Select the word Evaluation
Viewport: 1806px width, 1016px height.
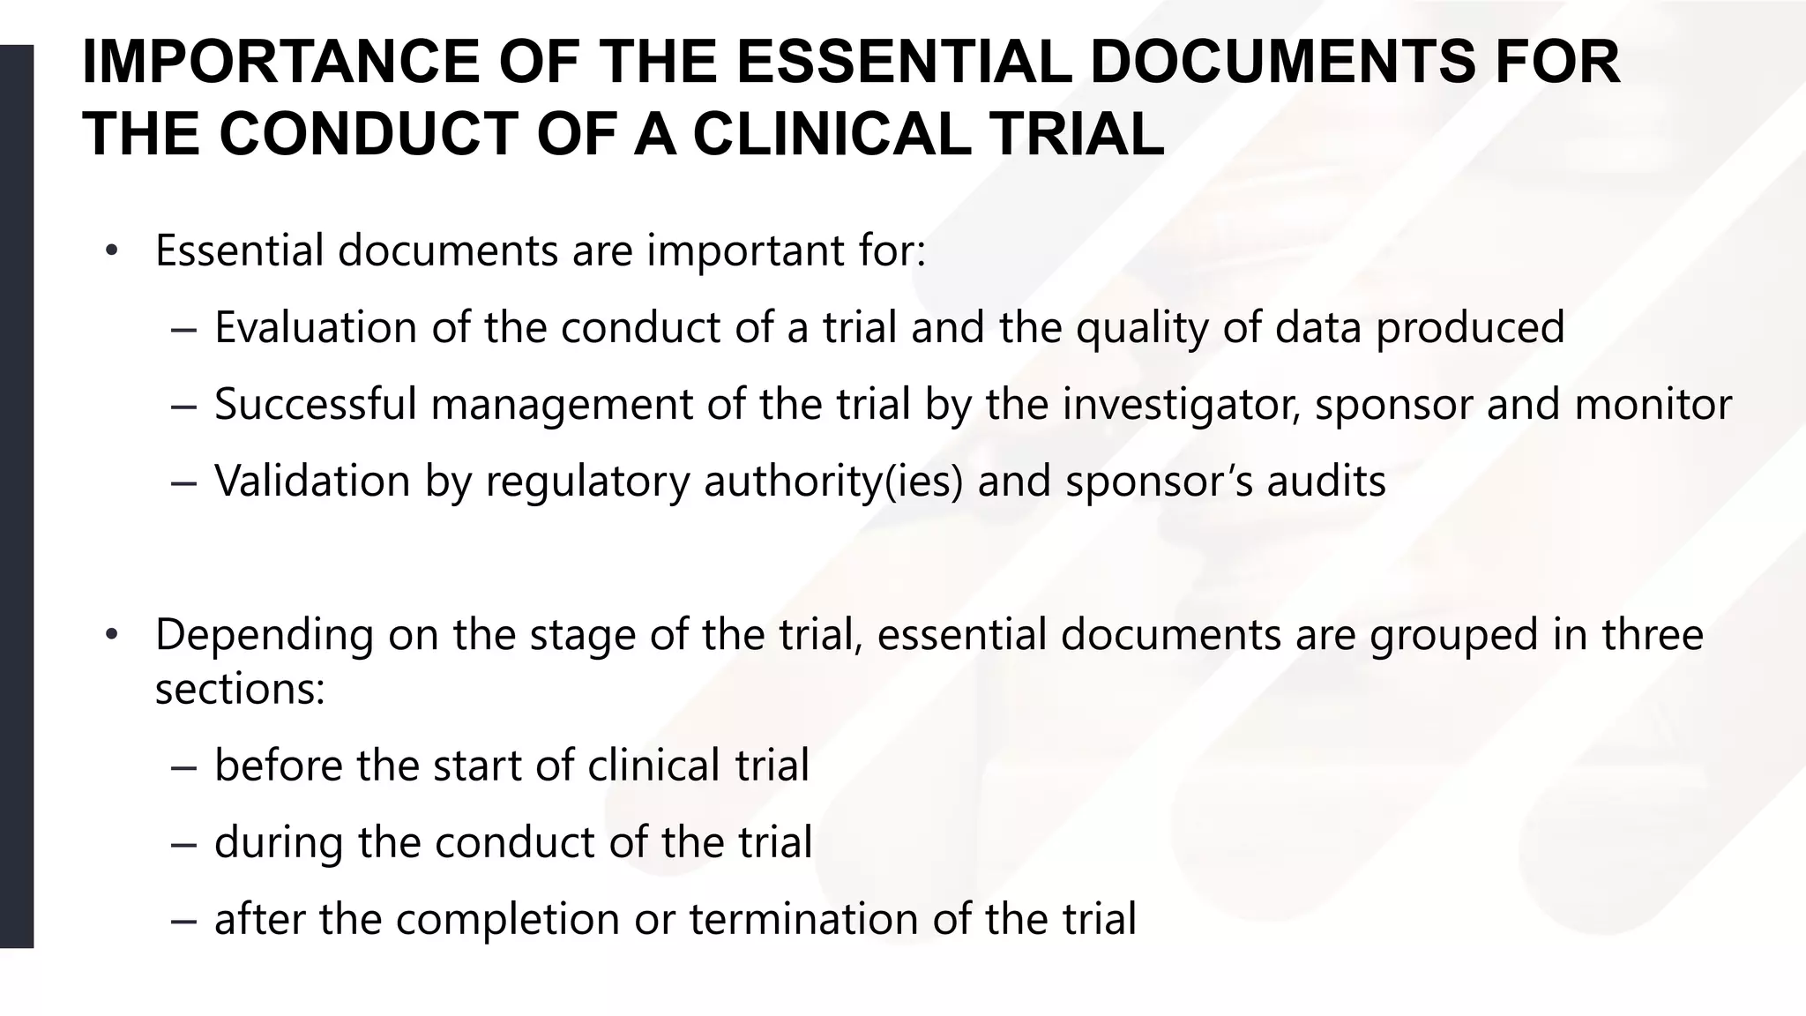(x=316, y=327)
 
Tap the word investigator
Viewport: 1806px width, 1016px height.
(x=1181, y=406)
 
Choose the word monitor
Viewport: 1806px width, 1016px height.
(x=1653, y=404)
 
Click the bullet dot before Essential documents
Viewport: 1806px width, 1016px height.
(x=110, y=251)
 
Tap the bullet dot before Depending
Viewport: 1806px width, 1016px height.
(x=110, y=635)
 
